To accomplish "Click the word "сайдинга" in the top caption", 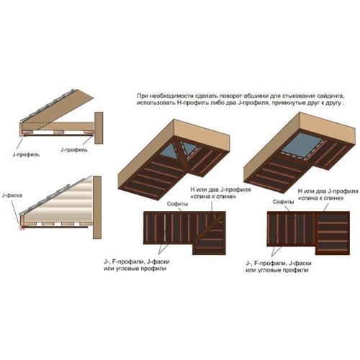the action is pos(330,96).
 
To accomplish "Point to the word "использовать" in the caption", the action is pos(156,103).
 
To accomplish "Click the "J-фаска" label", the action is pos(12,195).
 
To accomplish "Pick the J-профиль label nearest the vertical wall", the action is pos(74,150).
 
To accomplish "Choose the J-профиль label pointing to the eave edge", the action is pos(26,155).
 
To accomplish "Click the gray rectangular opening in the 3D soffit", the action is pos(302,146).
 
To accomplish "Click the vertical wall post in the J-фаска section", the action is pos(97,207).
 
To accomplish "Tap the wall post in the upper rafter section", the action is pos(99,128).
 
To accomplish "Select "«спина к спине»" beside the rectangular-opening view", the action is pos(320,199).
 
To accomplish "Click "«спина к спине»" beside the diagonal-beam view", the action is pos(213,197).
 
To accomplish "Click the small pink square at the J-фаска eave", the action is pos(22,227).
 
